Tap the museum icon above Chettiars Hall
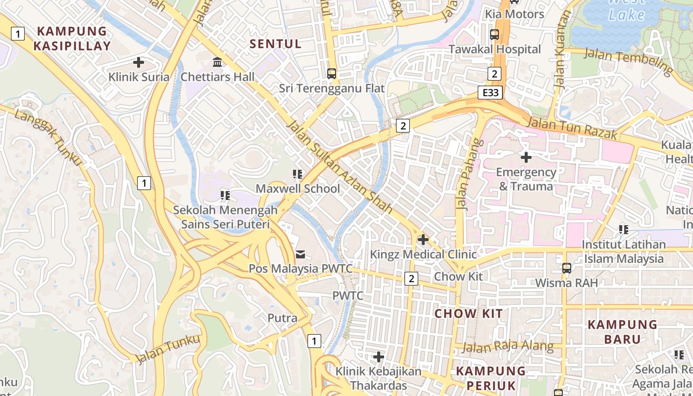pos(217,62)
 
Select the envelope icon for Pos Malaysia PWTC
pos(300,254)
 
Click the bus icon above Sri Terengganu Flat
pos(332,74)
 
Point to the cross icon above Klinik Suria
pos(139,62)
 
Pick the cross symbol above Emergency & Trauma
pos(526,157)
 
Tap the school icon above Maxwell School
pos(297,174)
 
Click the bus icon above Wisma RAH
pos(567,268)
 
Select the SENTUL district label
pos(276,44)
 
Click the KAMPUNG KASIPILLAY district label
pos(72,39)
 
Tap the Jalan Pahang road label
pos(468,174)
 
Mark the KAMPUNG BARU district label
pos(622,332)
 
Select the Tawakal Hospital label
pos(495,49)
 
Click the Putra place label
pos(283,318)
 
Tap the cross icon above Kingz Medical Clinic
pos(423,240)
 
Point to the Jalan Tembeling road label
pos(629,61)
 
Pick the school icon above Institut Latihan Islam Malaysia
pos(624,230)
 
